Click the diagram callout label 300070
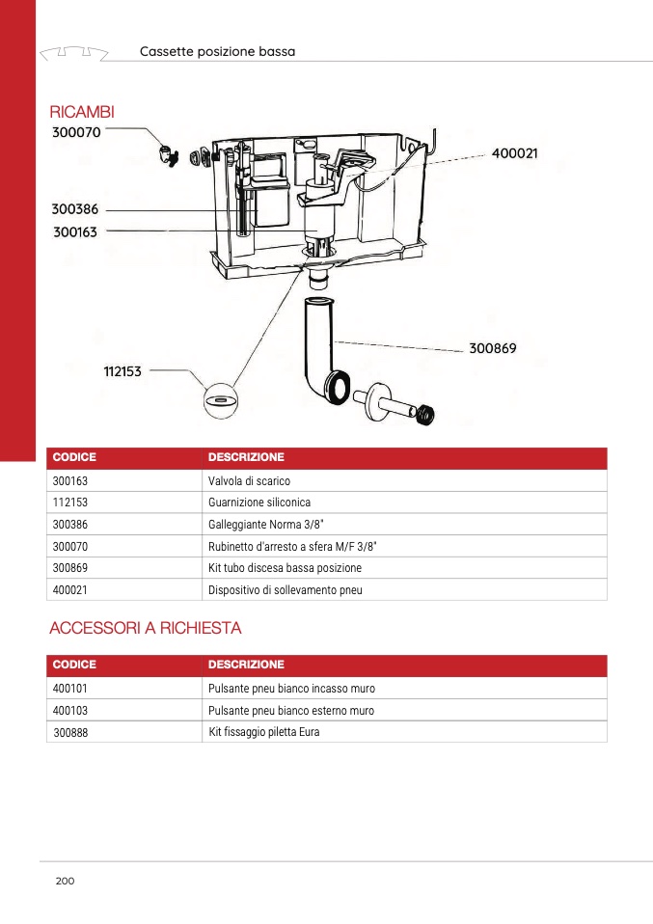(x=75, y=132)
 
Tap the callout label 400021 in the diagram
(x=514, y=153)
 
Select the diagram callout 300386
(x=74, y=208)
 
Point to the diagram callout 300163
(x=74, y=231)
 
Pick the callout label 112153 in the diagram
(x=122, y=370)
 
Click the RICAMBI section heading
(x=81, y=113)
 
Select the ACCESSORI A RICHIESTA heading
(x=145, y=629)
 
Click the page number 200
(x=65, y=881)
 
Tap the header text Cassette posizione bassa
(x=217, y=51)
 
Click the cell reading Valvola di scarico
(x=249, y=480)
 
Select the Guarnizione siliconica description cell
(x=259, y=503)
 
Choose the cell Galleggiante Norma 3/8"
(x=265, y=525)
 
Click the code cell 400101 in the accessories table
(x=70, y=689)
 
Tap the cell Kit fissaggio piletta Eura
(x=263, y=732)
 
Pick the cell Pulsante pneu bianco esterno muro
(x=291, y=711)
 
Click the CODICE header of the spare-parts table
(x=74, y=457)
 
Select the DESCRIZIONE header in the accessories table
(x=246, y=665)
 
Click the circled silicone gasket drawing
(x=221, y=398)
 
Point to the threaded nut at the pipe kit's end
(x=425, y=415)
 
